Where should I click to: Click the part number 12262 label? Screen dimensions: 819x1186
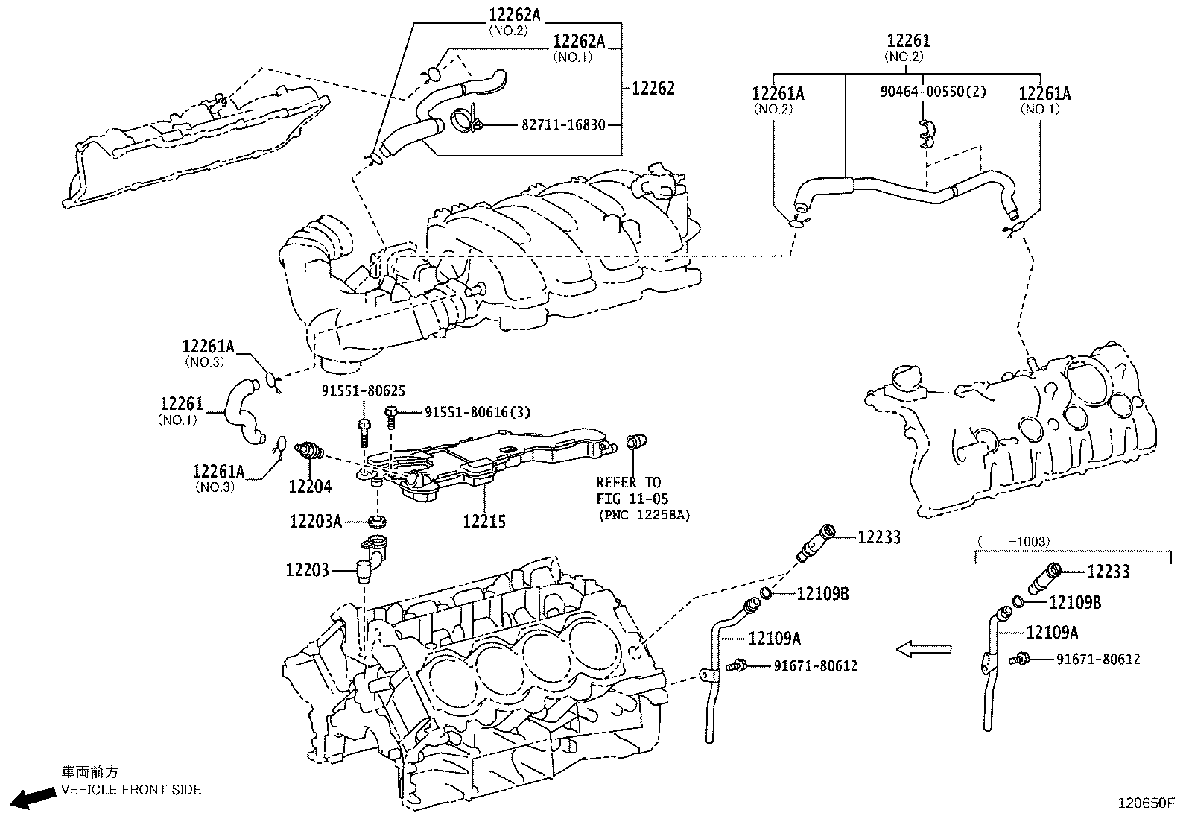(x=653, y=88)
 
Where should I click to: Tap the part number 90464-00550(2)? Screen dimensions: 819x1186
(x=933, y=92)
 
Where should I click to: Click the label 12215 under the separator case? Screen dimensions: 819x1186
(x=484, y=522)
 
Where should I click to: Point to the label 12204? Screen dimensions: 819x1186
(x=310, y=487)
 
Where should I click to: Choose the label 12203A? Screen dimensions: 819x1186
(x=315, y=521)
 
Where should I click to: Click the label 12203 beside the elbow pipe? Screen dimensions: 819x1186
(x=306, y=570)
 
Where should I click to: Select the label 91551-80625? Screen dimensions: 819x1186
(x=363, y=390)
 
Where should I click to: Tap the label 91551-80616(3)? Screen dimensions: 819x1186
(x=478, y=412)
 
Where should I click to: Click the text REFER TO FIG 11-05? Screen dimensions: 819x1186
(x=632, y=490)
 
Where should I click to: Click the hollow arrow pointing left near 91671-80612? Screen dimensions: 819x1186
(x=924, y=649)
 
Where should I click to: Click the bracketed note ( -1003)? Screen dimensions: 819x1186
(x=1013, y=541)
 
